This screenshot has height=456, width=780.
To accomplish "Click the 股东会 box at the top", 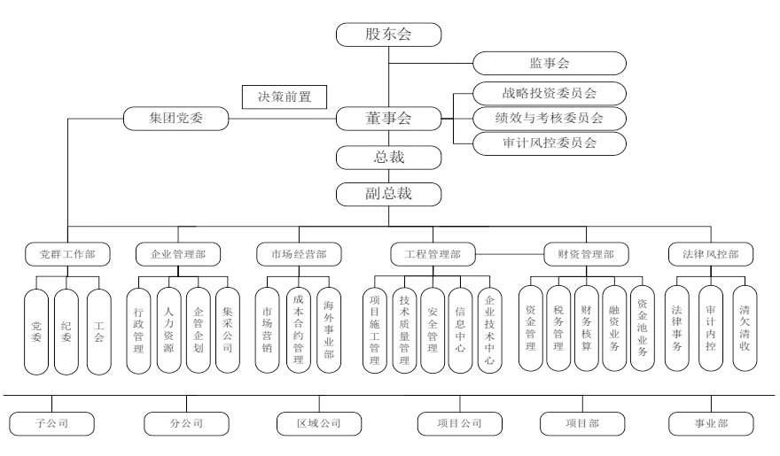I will coord(389,35).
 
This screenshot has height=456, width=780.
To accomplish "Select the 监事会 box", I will coord(549,64).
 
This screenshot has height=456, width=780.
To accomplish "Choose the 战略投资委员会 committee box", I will coord(549,93).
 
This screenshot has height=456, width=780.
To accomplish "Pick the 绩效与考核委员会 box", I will coord(549,118).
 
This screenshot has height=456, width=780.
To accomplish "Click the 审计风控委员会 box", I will coord(549,143).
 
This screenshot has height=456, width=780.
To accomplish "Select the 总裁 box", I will coord(389,158).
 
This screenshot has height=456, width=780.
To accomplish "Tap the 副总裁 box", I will coord(389,191).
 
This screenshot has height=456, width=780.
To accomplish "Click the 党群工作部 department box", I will coord(68,254).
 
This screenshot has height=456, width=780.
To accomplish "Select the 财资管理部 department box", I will coord(585,254).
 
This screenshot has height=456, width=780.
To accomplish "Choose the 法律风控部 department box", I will coord(710,254).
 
